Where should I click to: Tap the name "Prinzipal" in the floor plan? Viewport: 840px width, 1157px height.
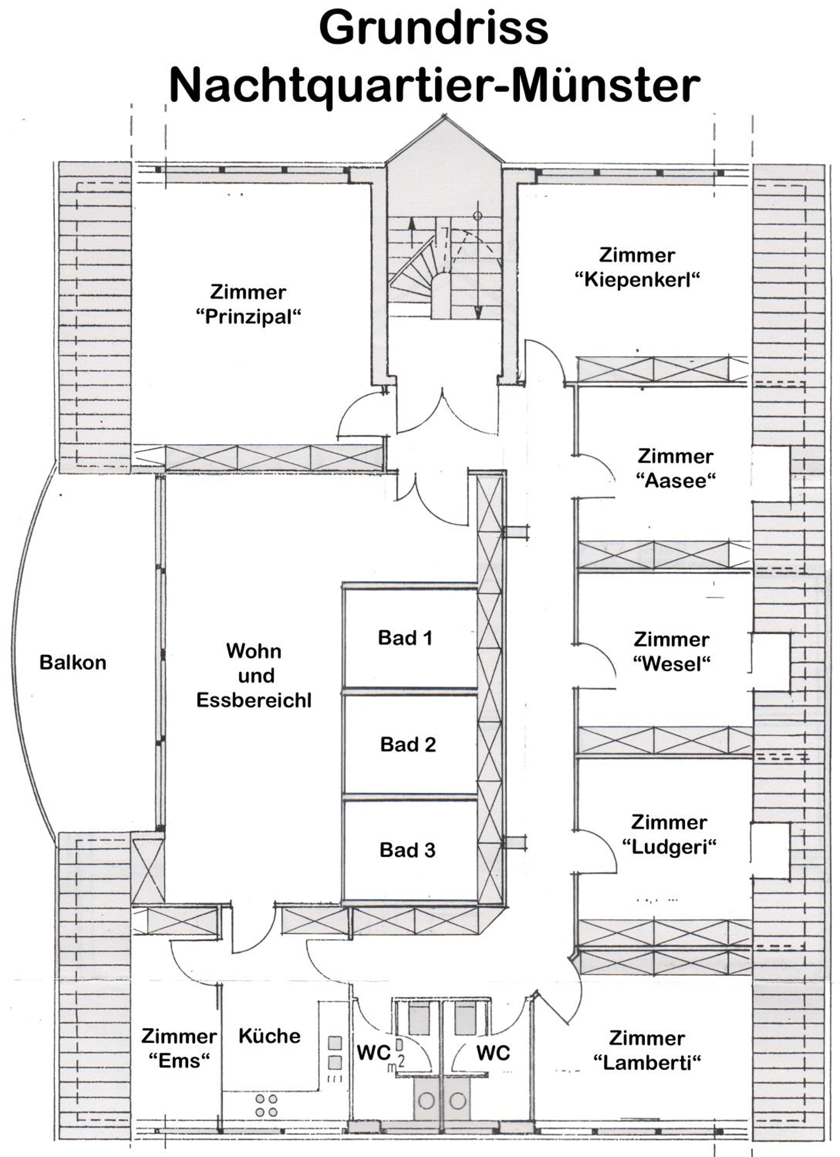[248, 317]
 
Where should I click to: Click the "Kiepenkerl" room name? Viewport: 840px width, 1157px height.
[637, 280]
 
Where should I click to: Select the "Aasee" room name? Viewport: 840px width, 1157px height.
[676, 481]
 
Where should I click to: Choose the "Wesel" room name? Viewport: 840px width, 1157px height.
[672, 664]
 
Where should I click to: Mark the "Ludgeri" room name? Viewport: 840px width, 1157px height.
[669, 847]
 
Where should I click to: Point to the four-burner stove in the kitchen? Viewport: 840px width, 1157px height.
[266, 1105]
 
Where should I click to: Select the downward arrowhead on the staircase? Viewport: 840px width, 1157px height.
[478, 312]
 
